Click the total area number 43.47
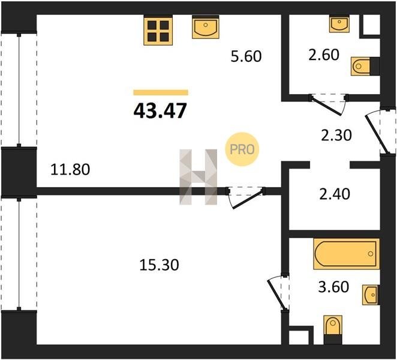(160, 111)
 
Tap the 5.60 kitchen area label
(246, 56)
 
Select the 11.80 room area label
(70, 169)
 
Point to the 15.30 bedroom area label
(160, 265)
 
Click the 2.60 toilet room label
(324, 55)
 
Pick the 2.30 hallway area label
(336, 135)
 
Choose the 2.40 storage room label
(335, 194)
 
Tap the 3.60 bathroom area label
(333, 287)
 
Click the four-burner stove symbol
(158, 31)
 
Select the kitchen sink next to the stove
(205, 27)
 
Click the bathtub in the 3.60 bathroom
(347, 254)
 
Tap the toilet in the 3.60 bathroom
(333, 329)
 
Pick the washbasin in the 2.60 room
(339, 24)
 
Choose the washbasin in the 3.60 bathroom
(371, 295)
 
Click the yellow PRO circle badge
(242, 149)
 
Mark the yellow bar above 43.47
(161, 92)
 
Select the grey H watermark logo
(198, 177)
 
